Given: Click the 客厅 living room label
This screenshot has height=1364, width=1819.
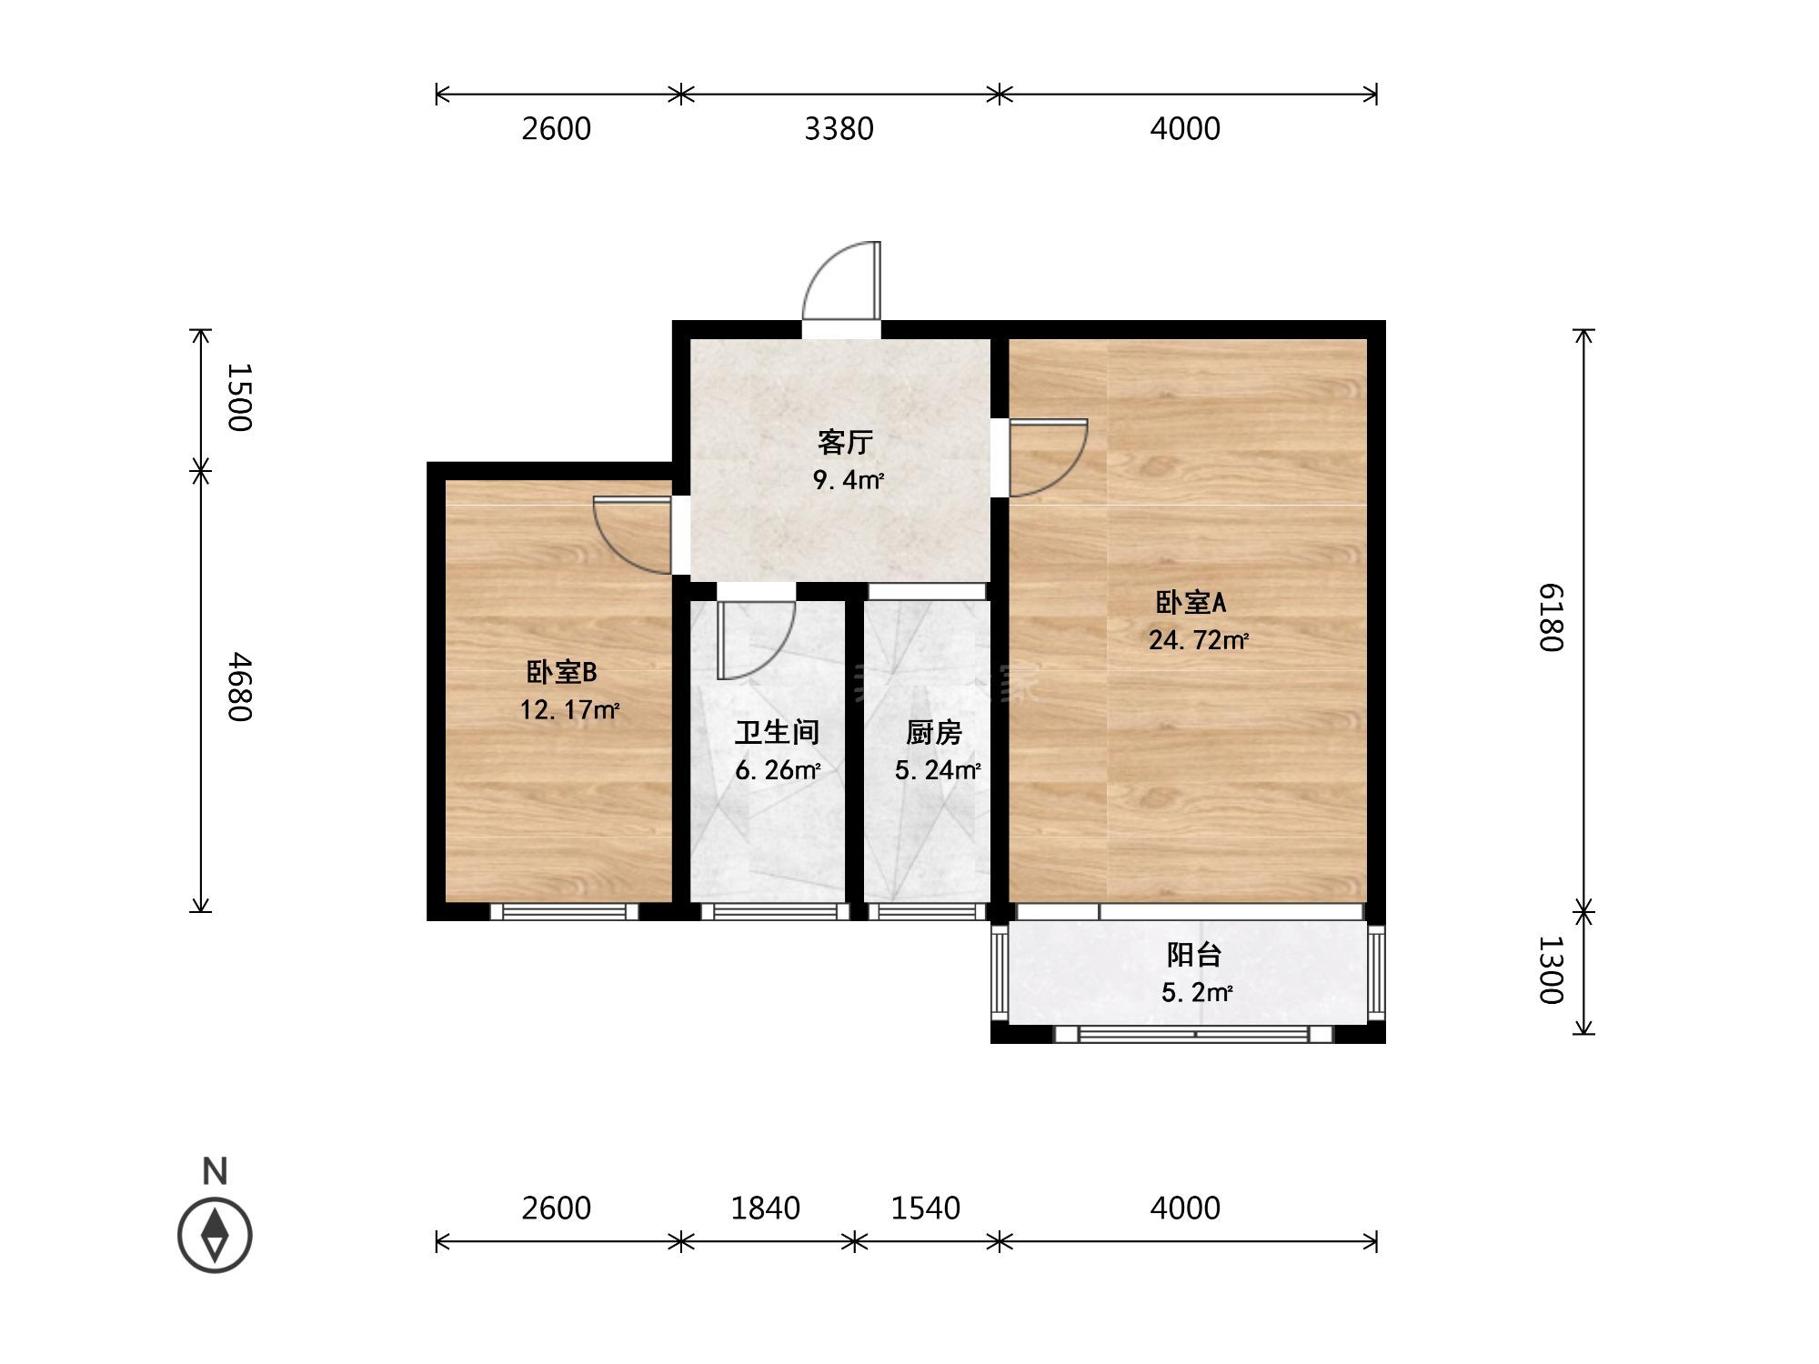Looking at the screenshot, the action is (x=846, y=443).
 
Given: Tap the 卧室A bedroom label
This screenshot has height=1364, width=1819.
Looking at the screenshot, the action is (x=1191, y=602).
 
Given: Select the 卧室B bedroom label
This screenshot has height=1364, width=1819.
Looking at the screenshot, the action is (x=561, y=672).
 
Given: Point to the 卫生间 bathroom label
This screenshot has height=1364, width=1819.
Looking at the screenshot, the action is (x=778, y=732).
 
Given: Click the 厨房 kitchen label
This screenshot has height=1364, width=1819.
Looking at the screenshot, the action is (x=934, y=732).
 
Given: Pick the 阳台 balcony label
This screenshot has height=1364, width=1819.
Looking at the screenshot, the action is (x=1194, y=954).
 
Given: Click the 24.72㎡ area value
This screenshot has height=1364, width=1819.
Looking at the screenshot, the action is (x=1199, y=640).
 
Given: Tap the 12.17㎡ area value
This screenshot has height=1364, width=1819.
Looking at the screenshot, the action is (x=569, y=709).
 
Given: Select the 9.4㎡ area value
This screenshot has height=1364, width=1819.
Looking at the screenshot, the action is (x=849, y=480).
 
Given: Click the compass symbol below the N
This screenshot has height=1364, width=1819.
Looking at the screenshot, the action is (x=215, y=1235).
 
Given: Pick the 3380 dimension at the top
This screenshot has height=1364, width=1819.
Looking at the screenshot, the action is (x=839, y=129).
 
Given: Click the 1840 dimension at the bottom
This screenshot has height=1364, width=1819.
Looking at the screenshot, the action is (x=766, y=1208).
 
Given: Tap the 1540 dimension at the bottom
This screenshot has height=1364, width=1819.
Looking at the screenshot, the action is (x=926, y=1208).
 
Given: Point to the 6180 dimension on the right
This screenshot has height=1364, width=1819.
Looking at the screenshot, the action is (x=1550, y=617).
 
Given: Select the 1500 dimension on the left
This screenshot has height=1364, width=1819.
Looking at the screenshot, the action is (x=238, y=397).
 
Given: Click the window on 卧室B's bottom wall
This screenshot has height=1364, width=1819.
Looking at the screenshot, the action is (x=564, y=911).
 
